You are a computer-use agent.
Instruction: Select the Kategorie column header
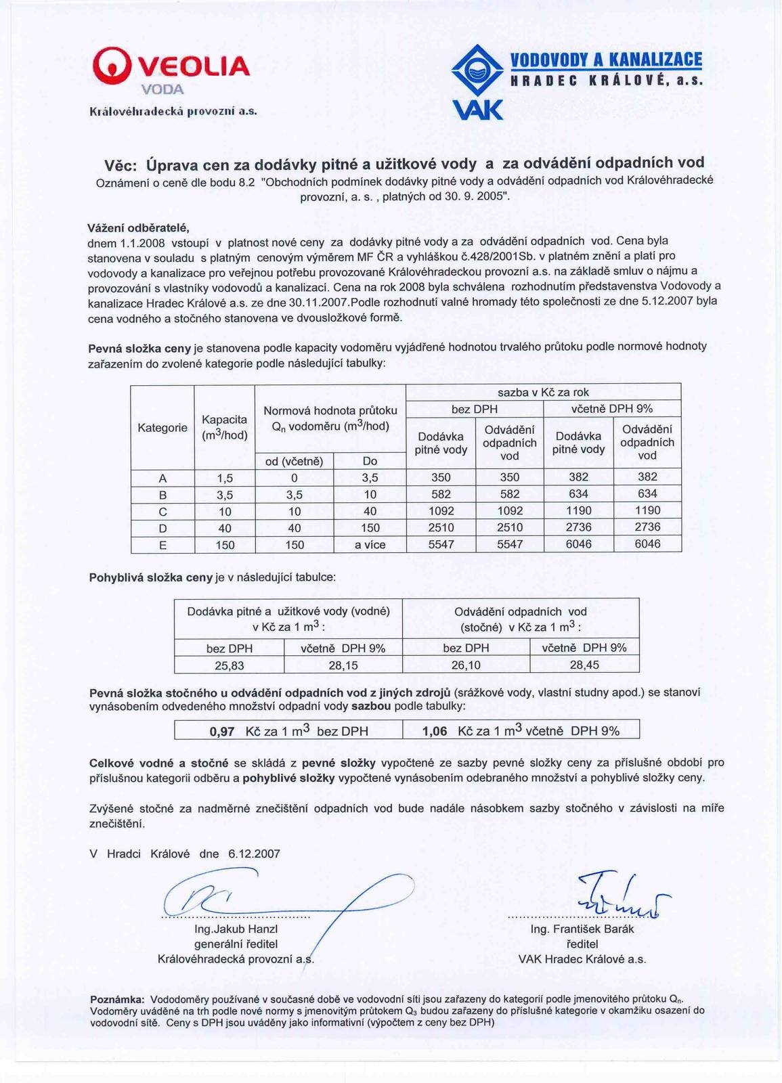point(162,428)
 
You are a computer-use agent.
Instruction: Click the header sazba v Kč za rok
point(543,393)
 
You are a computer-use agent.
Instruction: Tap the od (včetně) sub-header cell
point(294,461)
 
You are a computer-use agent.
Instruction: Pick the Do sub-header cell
point(370,461)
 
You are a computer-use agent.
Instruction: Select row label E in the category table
point(162,545)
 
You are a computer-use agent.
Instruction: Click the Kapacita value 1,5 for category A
point(225,478)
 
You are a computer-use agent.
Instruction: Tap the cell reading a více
point(370,545)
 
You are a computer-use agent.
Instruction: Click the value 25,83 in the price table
point(230,665)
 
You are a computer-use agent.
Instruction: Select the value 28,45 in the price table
point(584,665)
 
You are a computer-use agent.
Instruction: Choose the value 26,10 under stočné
point(466,665)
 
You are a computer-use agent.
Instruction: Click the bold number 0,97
point(222,731)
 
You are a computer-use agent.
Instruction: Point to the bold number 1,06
point(435,731)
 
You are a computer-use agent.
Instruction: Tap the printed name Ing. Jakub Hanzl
point(236,929)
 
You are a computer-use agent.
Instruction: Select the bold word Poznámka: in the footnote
point(117,999)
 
